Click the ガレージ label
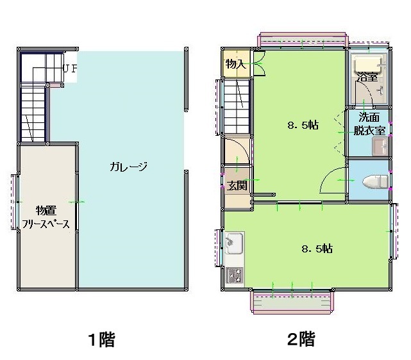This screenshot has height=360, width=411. coord(128,167)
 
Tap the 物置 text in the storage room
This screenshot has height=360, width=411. coord(46,210)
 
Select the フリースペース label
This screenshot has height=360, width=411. coord(46,224)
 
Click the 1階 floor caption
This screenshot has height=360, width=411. coord(101,340)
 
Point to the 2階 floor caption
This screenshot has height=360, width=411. coord(301,339)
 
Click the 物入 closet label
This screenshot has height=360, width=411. coord(236,63)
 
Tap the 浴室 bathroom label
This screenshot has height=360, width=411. coord(367,76)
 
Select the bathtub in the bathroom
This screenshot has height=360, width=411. coord(367,64)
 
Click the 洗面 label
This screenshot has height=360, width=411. coord(369,117)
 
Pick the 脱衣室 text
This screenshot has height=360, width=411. coord(369,131)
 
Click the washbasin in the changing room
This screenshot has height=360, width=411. coord(380,147)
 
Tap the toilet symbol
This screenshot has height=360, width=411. coord(375,181)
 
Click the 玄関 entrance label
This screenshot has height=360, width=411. coord(237,186)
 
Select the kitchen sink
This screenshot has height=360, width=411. coord(234,243)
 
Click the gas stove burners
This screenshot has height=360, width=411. coord(235,275)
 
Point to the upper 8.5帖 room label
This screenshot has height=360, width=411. coord(303,125)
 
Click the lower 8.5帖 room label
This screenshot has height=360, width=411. coord(317,249)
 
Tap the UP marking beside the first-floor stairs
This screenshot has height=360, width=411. coord(71,69)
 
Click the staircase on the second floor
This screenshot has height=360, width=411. coord(237,106)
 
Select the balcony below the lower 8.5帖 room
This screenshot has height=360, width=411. coord(292,302)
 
